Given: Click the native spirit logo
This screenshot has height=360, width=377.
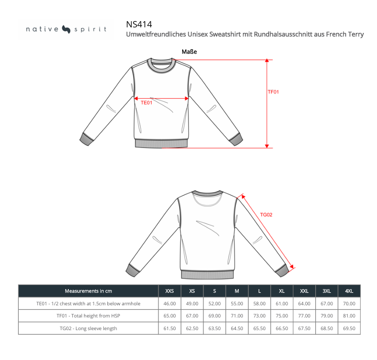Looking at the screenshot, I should click(x=66, y=29).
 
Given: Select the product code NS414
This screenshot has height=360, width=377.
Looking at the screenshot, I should click(x=139, y=24).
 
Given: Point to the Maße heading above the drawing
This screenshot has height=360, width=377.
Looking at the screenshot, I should click(x=189, y=52).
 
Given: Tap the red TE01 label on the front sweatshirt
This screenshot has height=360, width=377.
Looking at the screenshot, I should click(x=146, y=103).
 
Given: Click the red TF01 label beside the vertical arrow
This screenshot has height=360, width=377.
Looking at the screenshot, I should click(x=273, y=92).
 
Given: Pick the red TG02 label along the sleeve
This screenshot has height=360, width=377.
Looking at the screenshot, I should click(x=266, y=215).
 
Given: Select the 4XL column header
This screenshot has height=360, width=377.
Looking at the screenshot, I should click(x=349, y=291).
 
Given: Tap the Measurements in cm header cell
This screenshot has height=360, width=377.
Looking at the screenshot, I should click(x=88, y=291).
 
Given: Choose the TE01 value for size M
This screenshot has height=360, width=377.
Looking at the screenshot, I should click(x=236, y=304).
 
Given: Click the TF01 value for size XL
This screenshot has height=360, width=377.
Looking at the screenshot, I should click(x=281, y=316).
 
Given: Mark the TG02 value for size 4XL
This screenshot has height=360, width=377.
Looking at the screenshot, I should click(x=349, y=329).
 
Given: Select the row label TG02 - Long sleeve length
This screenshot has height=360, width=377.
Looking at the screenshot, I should click(x=88, y=329).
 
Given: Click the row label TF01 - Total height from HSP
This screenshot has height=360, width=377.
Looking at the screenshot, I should click(x=88, y=316).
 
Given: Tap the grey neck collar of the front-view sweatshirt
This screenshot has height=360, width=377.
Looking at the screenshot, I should click(x=161, y=63).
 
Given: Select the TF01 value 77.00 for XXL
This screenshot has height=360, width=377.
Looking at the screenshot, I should click(x=304, y=316).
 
